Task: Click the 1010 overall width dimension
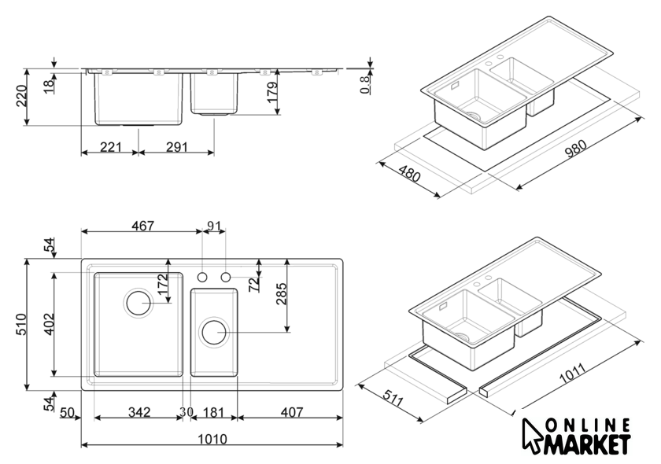[x=212, y=439]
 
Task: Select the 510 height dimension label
[x=21, y=324]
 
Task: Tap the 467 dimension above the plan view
[x=142, y=226]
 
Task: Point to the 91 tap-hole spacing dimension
[x=214, y=226]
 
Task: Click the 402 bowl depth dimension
[x=50, y=324]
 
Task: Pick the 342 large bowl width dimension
[x=138, y=412]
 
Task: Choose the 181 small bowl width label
[x=214, y=412]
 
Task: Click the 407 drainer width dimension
[x=291, y=412]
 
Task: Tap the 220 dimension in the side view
[x=21, y=96]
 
